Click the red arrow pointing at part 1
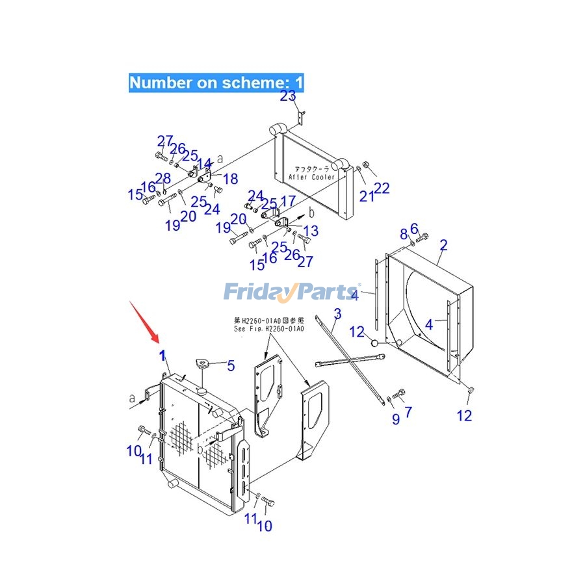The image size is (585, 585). click(144, 321)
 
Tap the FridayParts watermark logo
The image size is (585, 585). click(292, 292)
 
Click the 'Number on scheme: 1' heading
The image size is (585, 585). click(216, 83)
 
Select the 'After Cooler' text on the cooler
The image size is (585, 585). click(312, 177)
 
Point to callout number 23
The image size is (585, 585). click(288, 97)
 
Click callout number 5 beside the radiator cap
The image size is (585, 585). click(230, 366)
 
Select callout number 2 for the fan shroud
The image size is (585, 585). click(443, 245)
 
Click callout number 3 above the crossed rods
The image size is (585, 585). click(337, 315)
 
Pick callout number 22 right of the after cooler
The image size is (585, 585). click(382, 188)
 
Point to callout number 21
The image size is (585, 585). click(367, 194)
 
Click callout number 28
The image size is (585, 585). click(162, 179)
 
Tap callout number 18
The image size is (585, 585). click(230, 179)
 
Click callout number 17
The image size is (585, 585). click(288, 201)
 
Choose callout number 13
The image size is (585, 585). click(311, 230)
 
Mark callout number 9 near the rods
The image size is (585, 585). click(395, 419)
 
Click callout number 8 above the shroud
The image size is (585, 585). click(404, 233)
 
